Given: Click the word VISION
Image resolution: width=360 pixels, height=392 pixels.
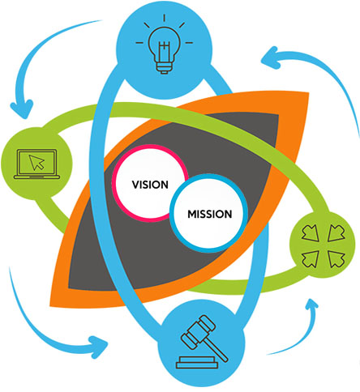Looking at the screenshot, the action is (150, 185).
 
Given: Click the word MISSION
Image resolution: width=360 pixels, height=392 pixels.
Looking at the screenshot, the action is (210, 214).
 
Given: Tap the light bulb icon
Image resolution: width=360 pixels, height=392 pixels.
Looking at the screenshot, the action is (164, 45).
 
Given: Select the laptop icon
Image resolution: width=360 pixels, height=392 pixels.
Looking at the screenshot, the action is (36, 164).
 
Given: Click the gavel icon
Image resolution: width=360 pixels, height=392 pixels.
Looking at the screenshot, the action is (202, 342).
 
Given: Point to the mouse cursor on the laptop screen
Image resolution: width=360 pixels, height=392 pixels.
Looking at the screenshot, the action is (36, 162).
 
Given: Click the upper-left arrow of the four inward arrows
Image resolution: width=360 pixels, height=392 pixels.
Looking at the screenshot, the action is (310, 232).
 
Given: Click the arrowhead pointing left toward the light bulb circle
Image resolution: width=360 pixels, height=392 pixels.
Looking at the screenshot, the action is (270, 58).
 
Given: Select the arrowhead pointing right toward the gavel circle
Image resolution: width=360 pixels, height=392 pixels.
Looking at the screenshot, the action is (99, 347).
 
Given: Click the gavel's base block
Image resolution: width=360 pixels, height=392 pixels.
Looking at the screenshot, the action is (197, 363).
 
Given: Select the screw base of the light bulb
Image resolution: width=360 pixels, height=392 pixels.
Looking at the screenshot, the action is (164, 68).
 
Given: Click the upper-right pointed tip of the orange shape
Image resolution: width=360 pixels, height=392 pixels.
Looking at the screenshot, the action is (309, 92).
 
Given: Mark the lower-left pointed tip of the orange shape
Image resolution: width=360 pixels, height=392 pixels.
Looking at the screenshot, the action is (50, 306).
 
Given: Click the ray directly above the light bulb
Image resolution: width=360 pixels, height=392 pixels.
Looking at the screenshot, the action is (164, 18).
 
